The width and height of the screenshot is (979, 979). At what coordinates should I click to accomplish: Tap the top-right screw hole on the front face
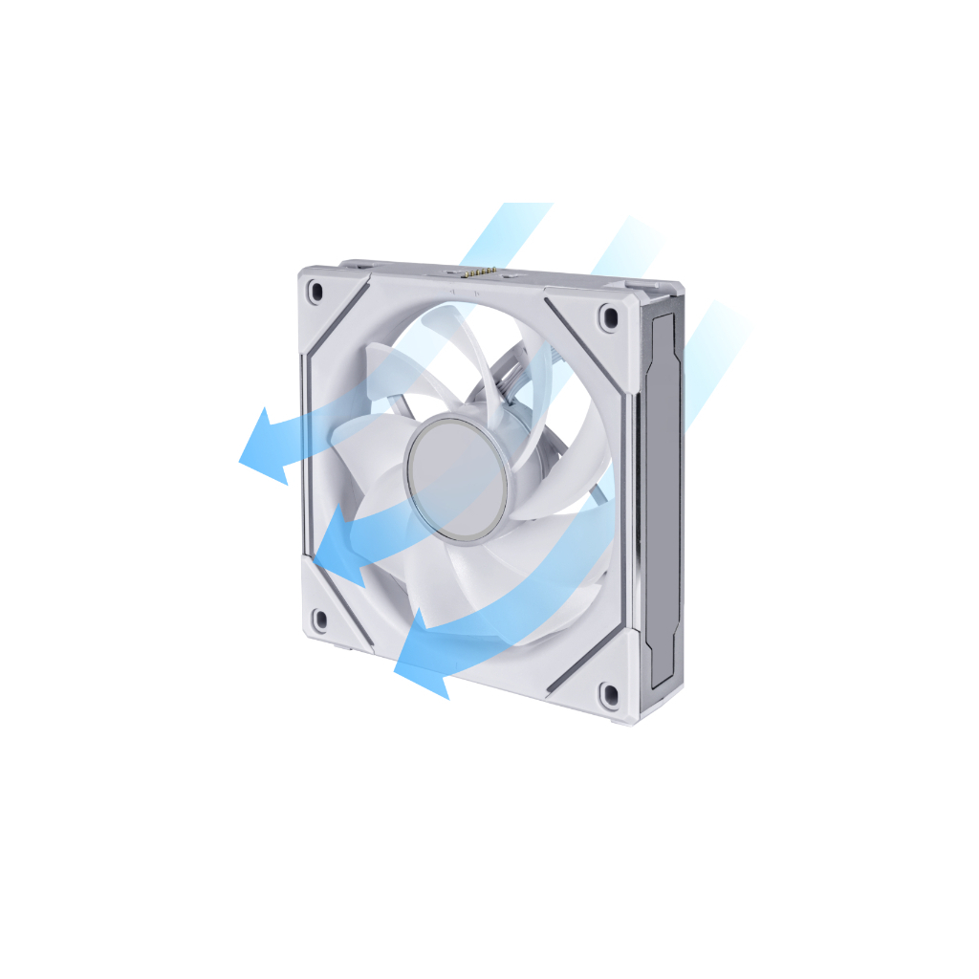point(608,315)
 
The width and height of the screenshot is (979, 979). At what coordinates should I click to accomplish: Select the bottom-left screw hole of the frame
point(319,620)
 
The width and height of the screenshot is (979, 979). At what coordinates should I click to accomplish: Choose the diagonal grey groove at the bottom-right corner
point(585,658)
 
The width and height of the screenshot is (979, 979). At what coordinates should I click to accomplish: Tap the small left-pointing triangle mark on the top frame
point(450,283)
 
